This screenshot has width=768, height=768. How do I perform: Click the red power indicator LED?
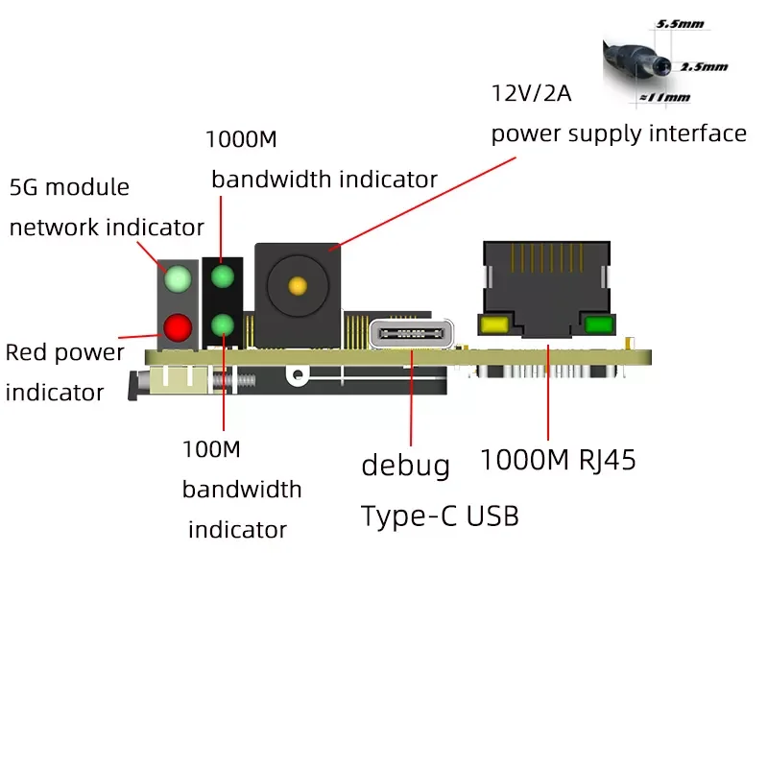pyautogui.click(x=177, y=328)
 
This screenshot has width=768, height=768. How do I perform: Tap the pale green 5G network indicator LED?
pyautogui.click(x=177, y=279)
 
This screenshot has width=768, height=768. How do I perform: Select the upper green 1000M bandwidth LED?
pyautogui.click(x=223, y=277)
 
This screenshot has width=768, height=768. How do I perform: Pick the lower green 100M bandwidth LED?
pyautogui.click(x=223, y=324)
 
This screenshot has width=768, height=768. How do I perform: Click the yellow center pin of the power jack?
pyautogui.click(x=298, y=285)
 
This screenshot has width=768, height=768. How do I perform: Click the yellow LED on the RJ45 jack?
pyautogui.click(x=495, y=324)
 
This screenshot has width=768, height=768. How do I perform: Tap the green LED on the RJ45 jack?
pyautogui.click(x=597, y=324)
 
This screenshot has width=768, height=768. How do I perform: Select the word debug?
pyautogui.click(x=405, y=467)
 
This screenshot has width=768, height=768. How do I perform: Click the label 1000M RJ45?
pyautogui.click(x=558, y=460)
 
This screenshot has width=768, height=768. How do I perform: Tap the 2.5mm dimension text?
pyautogui.click(x=704, y=67)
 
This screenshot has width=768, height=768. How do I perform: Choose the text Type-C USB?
pyautogui.click(x=440, y=516)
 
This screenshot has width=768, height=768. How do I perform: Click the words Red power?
pyautogui.click(x=65, y=352)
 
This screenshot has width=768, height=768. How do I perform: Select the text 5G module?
pyautogui.click(x=69, y=186)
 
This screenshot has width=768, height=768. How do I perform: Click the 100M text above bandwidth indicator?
pyautogui.click(x=212, y=448)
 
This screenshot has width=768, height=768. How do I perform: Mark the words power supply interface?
pyautogui.click(x=618, y=133)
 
